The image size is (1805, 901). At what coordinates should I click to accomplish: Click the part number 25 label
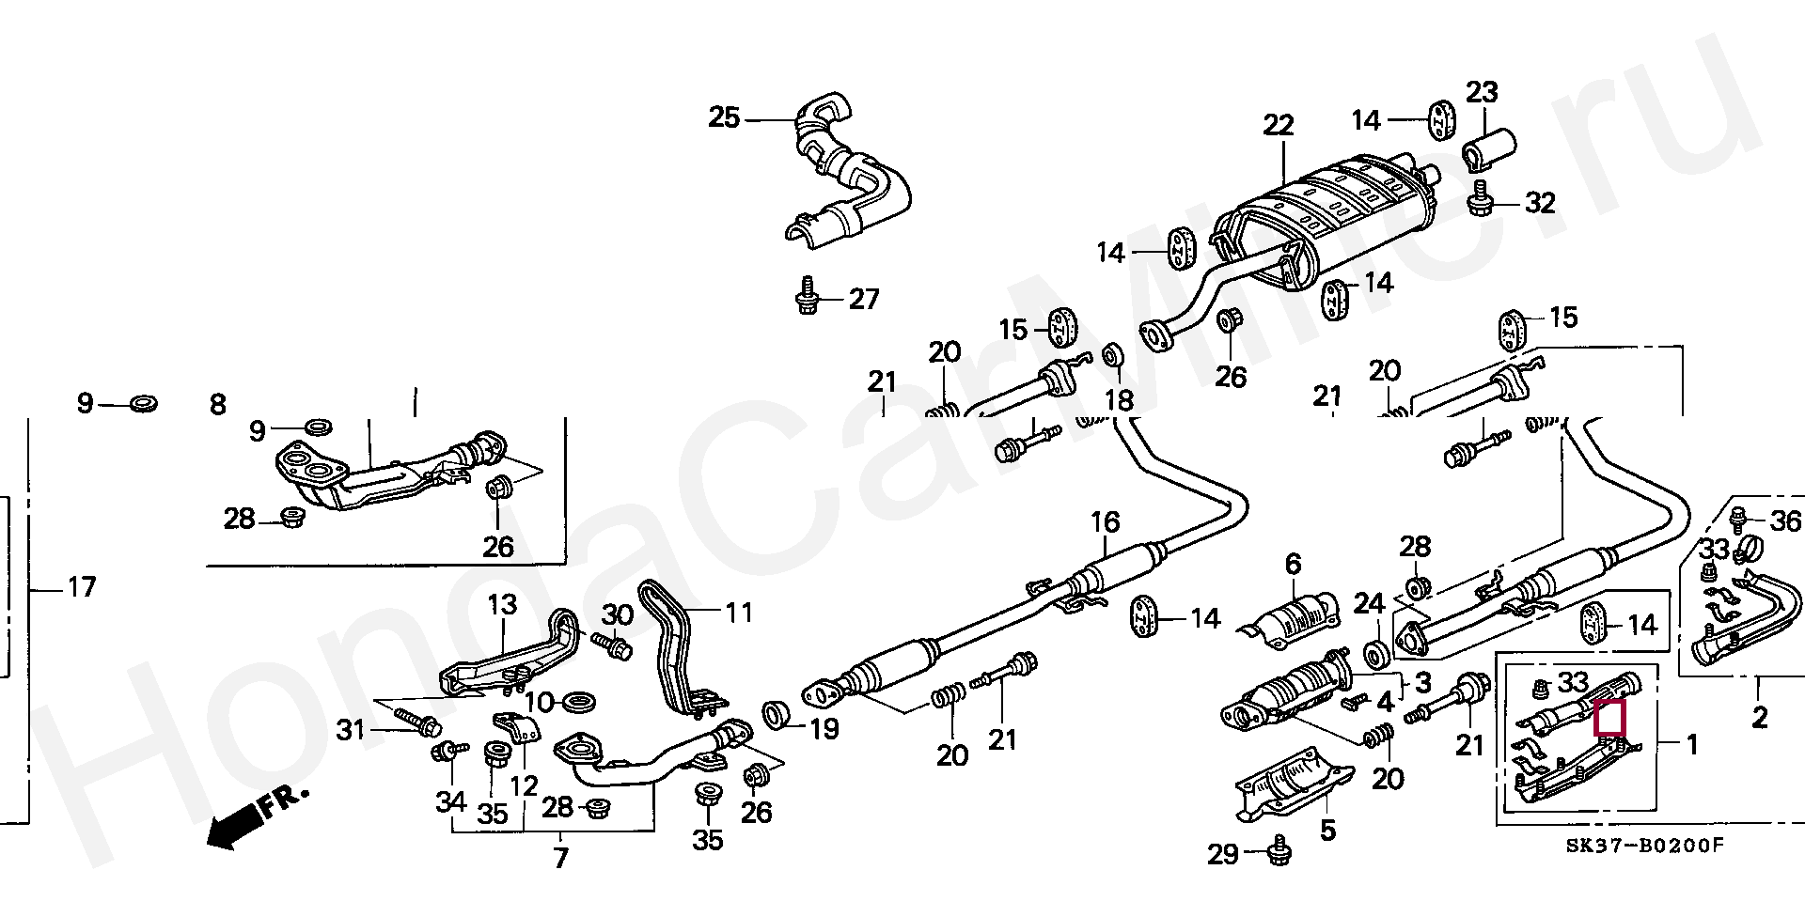[x=724, y=118]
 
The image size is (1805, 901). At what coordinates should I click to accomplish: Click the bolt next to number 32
[x=1479, y=202]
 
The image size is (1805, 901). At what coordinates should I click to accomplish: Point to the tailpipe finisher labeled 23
[x=1487, y=151]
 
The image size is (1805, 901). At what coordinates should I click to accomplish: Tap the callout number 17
[x=82, y=588]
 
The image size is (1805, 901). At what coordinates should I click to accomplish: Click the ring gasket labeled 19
[x=776, y=715]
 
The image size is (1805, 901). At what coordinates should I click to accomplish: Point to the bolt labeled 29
[x=1278, y=852]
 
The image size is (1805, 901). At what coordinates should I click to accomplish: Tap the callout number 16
[x=1105, y=522]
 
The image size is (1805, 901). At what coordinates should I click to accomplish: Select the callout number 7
[x=560, y=858]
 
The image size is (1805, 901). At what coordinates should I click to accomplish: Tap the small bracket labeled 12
[x=515, y=729]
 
